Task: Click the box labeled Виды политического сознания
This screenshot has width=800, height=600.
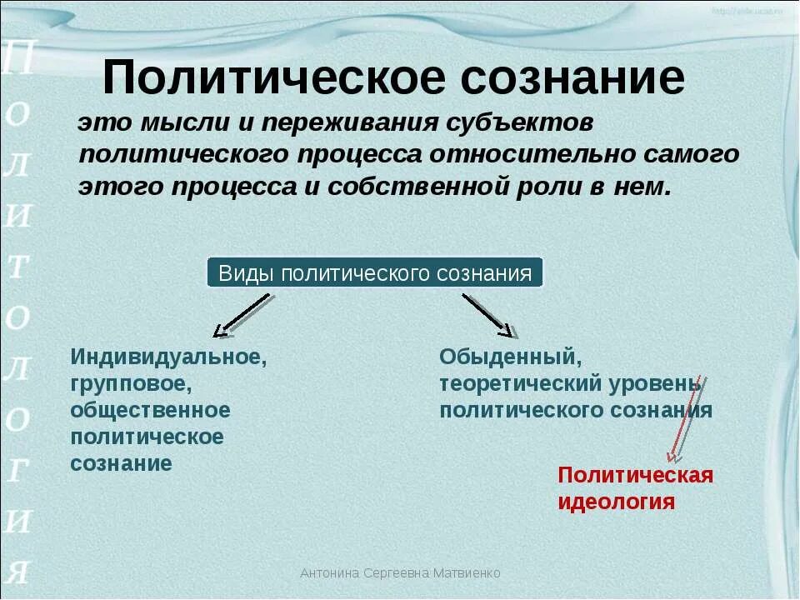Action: point(375,273)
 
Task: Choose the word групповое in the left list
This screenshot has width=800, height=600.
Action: point(132,384)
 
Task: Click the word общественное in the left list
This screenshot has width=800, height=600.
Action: point(150,410)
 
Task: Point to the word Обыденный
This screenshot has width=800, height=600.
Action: point(509,357)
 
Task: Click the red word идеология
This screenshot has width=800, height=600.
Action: point(616,502)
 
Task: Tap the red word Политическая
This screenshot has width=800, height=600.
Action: point(636,475)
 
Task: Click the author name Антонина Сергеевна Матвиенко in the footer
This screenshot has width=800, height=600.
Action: point(400,573)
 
